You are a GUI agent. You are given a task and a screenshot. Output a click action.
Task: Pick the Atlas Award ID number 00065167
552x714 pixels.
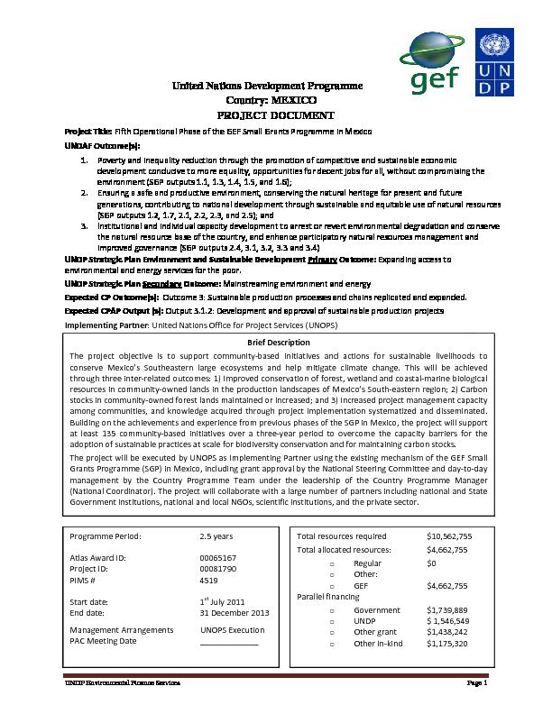tap(217, 558)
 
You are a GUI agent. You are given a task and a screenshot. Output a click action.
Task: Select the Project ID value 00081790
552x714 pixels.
tap(217, 569)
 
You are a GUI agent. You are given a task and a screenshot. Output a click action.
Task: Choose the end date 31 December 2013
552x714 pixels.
tap(235, 612)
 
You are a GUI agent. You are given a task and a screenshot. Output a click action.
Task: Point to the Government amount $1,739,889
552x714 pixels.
tap(447, 610)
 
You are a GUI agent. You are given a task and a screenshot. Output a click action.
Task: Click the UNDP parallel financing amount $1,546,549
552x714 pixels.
tap(447, 621)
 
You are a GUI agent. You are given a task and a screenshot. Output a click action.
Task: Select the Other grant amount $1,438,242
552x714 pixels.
tap(447, 633)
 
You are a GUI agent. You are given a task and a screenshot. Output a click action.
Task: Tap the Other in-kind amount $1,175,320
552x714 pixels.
tap(447, 644)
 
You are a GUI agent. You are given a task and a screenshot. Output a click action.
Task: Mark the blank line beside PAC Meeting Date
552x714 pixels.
tap(228, 643)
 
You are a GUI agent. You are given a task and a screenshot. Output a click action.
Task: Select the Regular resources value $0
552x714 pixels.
tap(432, 562)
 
